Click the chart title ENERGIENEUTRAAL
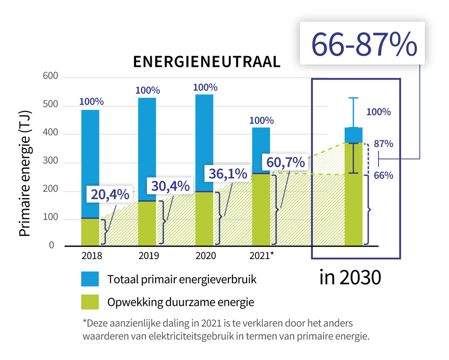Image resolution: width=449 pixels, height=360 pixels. tap(207, 62)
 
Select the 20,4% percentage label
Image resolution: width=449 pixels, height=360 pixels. tap(110, 195)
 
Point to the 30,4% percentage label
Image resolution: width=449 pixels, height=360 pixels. tap(170, 186)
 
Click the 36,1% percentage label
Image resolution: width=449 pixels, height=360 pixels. tap(228, 174)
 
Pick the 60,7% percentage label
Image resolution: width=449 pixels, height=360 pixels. tap(285, 162)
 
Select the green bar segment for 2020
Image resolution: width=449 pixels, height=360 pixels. tap(204, 219)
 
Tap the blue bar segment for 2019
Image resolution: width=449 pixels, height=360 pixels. tap(147, 149)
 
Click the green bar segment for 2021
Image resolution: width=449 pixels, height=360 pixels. tap(261, 209)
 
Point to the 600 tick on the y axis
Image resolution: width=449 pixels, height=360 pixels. tap(51, 77)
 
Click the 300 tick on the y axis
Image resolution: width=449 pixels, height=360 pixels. tap(51, 162)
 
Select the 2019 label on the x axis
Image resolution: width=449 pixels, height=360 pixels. tap(149, 256)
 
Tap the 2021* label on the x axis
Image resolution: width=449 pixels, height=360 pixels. tap(262, 256)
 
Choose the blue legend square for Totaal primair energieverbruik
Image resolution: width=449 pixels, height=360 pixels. tap(90, 279)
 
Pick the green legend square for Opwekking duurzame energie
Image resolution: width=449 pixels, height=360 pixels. tap(90, 302)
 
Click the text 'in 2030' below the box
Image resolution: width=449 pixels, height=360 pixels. tap(350, 278)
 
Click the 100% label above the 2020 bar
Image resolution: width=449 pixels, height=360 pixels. tap(205, 87)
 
